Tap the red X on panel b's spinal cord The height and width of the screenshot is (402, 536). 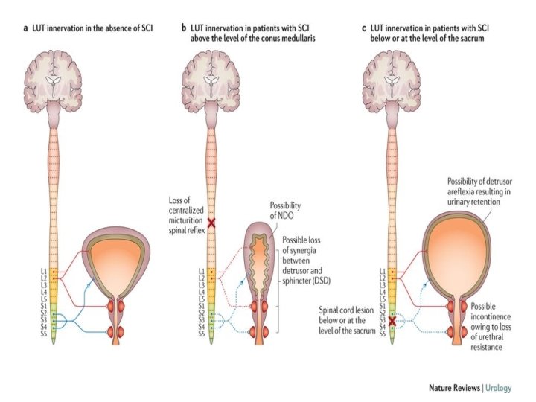click(x=211, y=223)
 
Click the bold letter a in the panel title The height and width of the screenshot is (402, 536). click(x=27, y=28)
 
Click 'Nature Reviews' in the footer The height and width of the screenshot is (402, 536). click(x=454, y=387)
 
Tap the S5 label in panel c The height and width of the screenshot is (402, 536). click(x=382, y=335)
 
